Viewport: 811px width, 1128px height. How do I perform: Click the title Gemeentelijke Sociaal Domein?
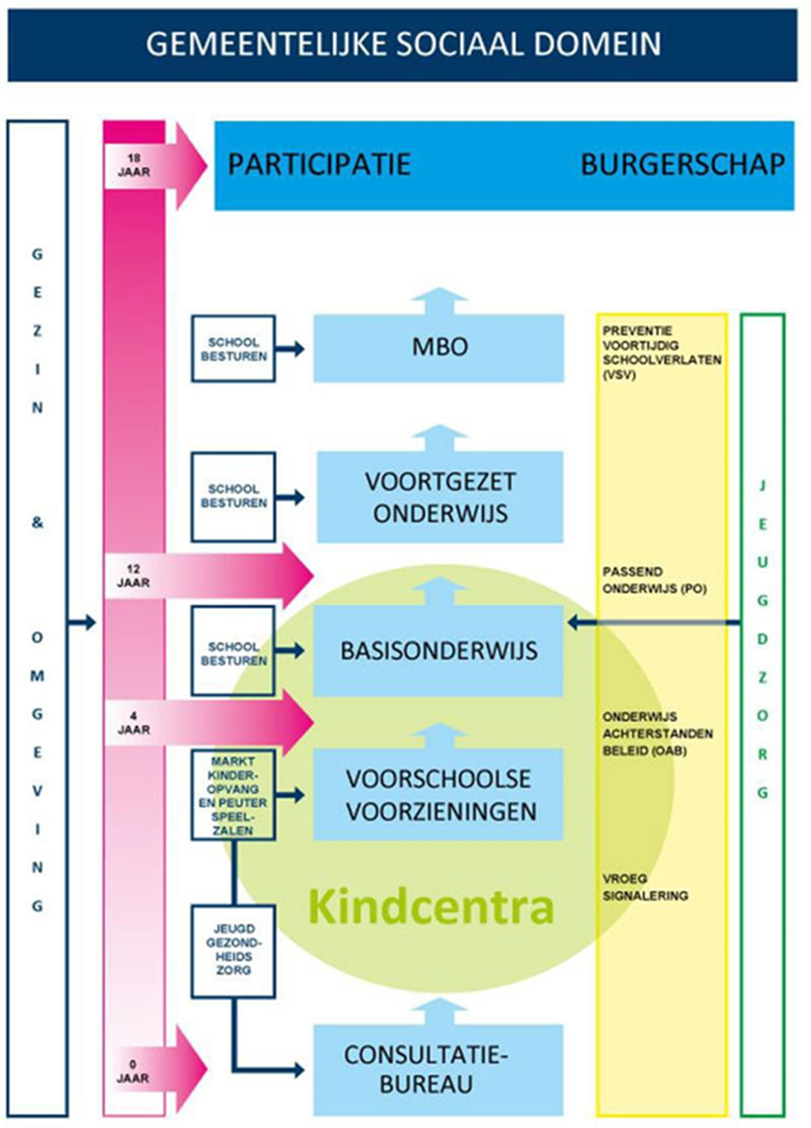coord(405,43)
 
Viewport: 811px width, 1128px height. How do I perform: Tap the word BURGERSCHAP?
coord(682,163)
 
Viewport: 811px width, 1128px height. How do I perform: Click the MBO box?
coord(438,348)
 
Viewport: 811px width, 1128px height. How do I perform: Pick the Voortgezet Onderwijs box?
coord(438,498)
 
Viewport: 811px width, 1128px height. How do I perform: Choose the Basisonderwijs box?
coord(438,650)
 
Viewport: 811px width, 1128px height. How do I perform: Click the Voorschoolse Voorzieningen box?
coord(438,794)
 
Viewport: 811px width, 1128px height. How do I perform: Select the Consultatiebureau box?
coord(438,1068)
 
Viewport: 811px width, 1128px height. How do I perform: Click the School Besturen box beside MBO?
coord(233,348)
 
